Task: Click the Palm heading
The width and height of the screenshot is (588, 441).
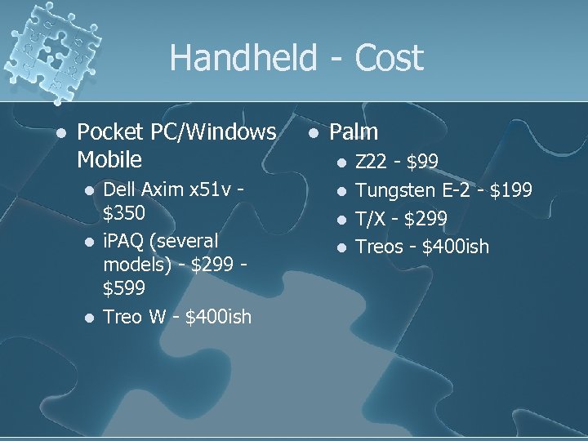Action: (354, 131)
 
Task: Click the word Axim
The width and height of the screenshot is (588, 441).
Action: (164, 190)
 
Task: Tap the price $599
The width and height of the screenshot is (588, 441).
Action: (125, 287)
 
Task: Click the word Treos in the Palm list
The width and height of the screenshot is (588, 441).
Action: (381, 246)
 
